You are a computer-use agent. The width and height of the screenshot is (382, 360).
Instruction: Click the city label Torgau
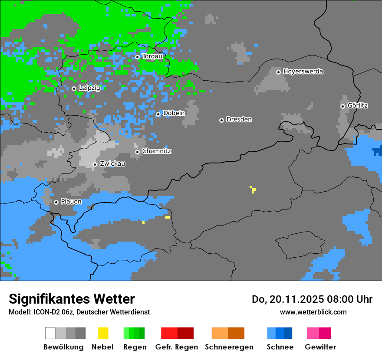[152, 56]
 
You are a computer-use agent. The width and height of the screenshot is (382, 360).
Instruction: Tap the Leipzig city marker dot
[74, 88]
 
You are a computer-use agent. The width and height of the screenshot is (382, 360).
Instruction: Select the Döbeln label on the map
[174, 113]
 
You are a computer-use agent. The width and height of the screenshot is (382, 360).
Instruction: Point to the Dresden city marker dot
[221, 120]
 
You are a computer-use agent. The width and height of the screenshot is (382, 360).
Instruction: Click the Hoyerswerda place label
[303, 72]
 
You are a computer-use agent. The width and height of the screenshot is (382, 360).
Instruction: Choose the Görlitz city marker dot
[342, 106]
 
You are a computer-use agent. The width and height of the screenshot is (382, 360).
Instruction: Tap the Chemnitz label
[156, 151]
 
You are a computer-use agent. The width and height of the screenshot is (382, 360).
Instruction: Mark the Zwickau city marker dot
[95, 164]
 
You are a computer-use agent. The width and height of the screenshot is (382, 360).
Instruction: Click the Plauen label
[71, 202]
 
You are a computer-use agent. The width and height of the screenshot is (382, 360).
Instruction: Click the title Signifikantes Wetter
[72, 299]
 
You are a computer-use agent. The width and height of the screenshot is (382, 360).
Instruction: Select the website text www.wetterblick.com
[313, 312]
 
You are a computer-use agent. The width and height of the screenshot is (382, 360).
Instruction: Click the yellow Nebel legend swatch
[103, 333]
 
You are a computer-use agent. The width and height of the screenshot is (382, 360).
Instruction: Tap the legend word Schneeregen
[229, 347]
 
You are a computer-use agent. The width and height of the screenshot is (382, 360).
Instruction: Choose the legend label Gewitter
[320, 347]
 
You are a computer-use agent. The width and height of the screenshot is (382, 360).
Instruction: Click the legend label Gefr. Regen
[176, 347]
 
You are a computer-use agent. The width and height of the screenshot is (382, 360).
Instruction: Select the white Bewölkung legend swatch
[50, 333]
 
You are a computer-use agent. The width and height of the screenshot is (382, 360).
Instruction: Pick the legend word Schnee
[280, 347]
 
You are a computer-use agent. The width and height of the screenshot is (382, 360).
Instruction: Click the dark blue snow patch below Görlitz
[377, 151]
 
